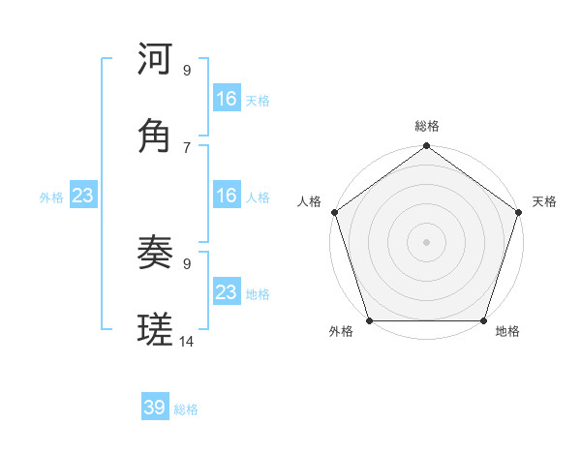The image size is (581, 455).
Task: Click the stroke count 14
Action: tap(187, 342)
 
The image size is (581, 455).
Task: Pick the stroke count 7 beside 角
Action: tap(187, 147)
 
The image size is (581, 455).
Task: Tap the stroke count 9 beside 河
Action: tap(187, 70)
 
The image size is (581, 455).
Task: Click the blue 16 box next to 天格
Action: tap(227, 99)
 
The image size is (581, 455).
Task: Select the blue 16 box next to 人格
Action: tap(227, 196)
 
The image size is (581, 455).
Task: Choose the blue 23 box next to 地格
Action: tap(227, 292)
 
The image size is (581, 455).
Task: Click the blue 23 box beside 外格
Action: tap(82, 196)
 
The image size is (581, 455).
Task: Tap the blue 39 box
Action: tap(155, 408)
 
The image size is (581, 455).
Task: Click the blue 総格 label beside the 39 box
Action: tap(186, 409)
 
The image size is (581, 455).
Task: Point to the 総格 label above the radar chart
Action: tap(427, 126)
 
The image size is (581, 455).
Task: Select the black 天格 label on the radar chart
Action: tap(544, 201)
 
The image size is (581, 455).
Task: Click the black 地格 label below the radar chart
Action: tap(507, 331)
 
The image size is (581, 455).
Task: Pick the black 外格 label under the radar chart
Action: tap(341, 331)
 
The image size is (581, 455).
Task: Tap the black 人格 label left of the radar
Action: tap(309, 201)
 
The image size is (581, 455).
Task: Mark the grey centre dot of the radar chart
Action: tap(427, 242)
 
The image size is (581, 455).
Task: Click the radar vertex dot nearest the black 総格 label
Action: tap(427, 147)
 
